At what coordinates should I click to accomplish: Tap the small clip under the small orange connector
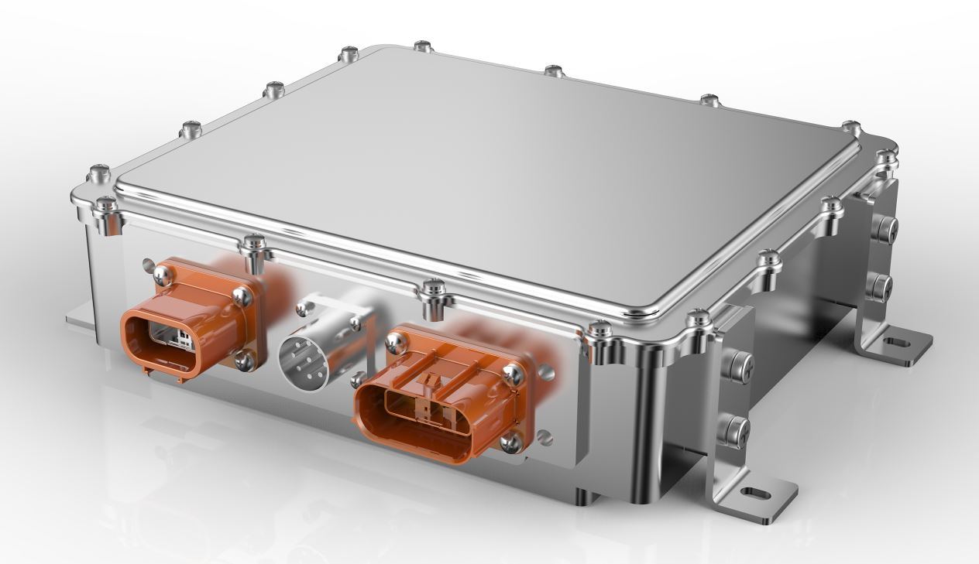click(183, 378)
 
